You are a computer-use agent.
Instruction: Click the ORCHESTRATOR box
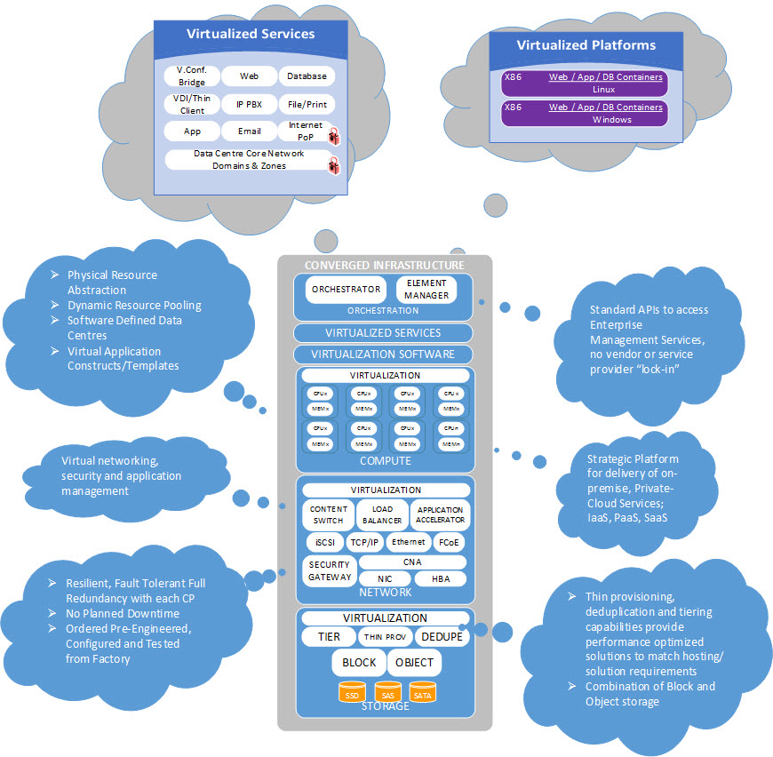coord(346,289)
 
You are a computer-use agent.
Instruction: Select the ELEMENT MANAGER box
coord(426,289)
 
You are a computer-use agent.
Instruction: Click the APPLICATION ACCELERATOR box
coord(440,516)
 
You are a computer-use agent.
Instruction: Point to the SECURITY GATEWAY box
coord(330,570)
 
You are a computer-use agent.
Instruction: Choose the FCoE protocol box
coord(449,542)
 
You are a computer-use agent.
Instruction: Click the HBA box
coord(440,579)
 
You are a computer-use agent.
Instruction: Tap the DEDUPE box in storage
coord(442,637)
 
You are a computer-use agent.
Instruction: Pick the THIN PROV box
coord(384,637)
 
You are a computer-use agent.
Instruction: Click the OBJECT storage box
coord(414,662)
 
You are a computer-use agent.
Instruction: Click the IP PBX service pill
coord(248,104)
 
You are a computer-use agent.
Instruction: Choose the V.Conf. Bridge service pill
coord(191,76)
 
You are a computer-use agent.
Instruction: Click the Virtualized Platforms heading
coord(586,44)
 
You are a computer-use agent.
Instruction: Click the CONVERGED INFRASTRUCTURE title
coord(384,265)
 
